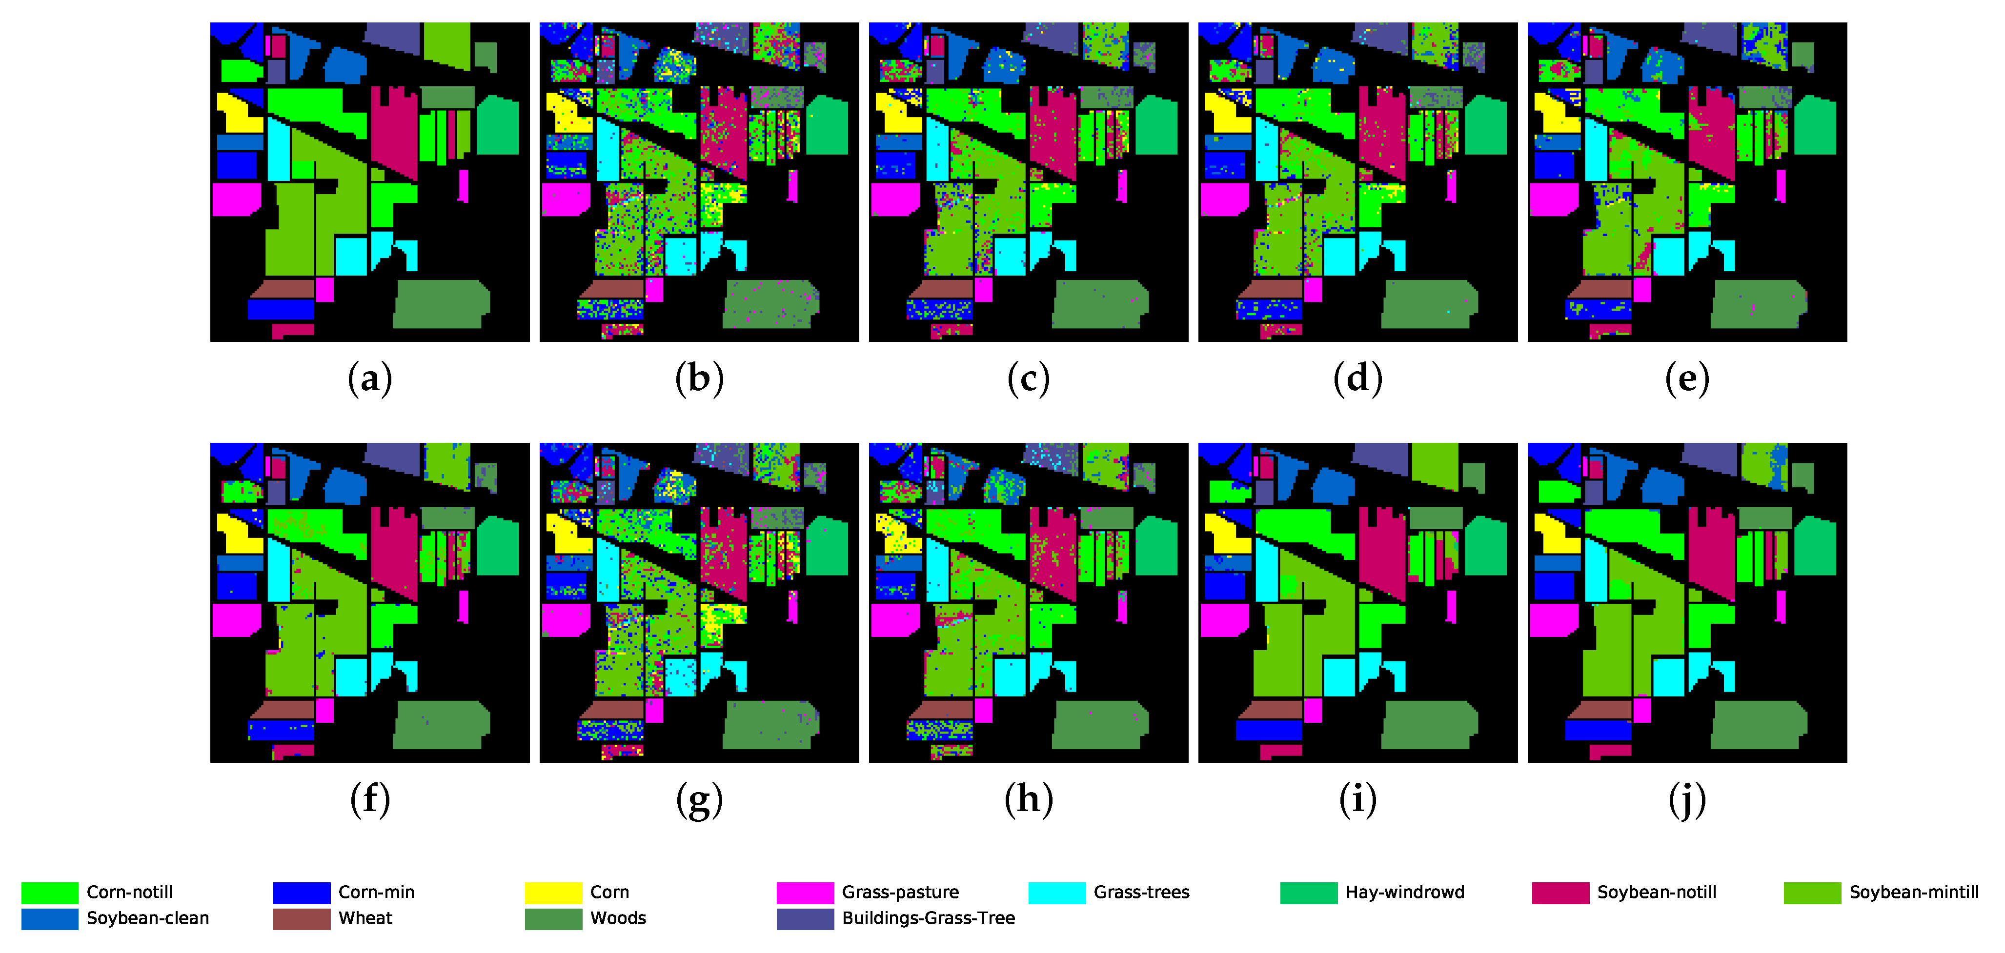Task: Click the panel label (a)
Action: [370, 379]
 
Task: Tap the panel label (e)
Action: [1687, 379]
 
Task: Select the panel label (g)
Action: [699, 800]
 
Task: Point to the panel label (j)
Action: [1687, 800]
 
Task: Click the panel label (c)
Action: [1028, 379]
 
